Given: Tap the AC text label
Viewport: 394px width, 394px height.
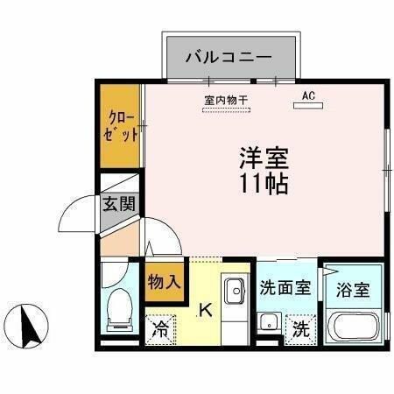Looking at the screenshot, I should click(x=308, y=95).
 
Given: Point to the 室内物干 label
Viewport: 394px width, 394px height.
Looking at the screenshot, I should click(x=226, y=100).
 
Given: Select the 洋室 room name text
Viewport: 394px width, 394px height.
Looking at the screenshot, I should click(x=263, y=159).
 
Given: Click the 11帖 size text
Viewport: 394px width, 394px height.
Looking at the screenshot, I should click(x=263, y=184).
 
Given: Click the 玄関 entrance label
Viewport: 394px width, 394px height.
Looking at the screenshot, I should click(x=120, y=207).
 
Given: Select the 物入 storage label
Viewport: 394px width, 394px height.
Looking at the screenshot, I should click(x=164, y=282).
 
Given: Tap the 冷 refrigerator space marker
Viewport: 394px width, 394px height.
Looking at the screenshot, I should click(x=161, y=329).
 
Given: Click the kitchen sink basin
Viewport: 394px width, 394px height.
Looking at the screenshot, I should click(x=234, y=290).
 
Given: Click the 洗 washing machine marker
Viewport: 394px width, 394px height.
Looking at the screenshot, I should click(x=300, y=329).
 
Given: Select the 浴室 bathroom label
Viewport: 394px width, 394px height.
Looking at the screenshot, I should click(x=353, y=290).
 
